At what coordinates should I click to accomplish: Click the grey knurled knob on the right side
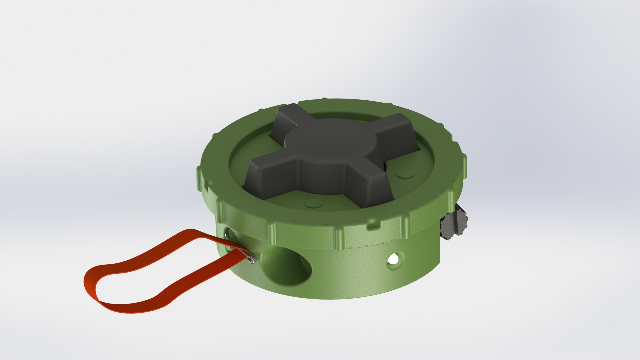point(455,222)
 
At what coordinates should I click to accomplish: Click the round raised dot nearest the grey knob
point(404,174)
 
